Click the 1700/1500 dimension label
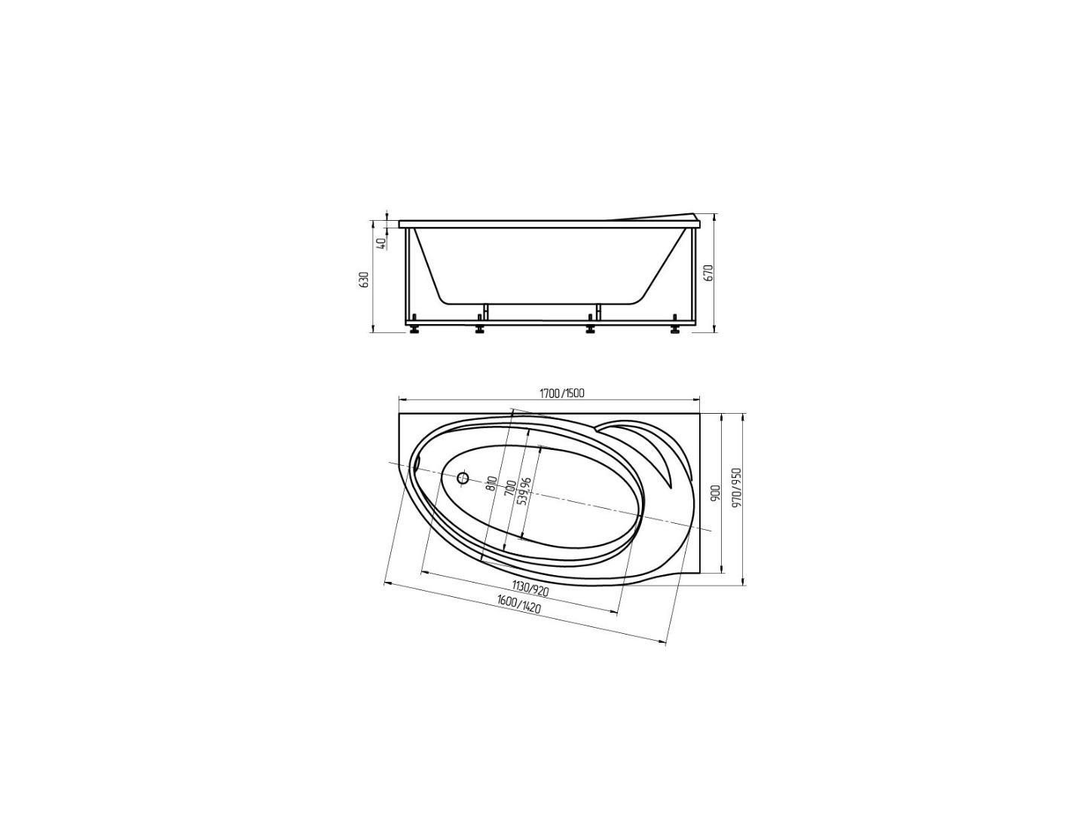(562, 393)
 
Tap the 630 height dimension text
(365, 280)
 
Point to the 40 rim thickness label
(380, 244)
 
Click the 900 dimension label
(713, 491)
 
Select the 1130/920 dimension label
(530, 589)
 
